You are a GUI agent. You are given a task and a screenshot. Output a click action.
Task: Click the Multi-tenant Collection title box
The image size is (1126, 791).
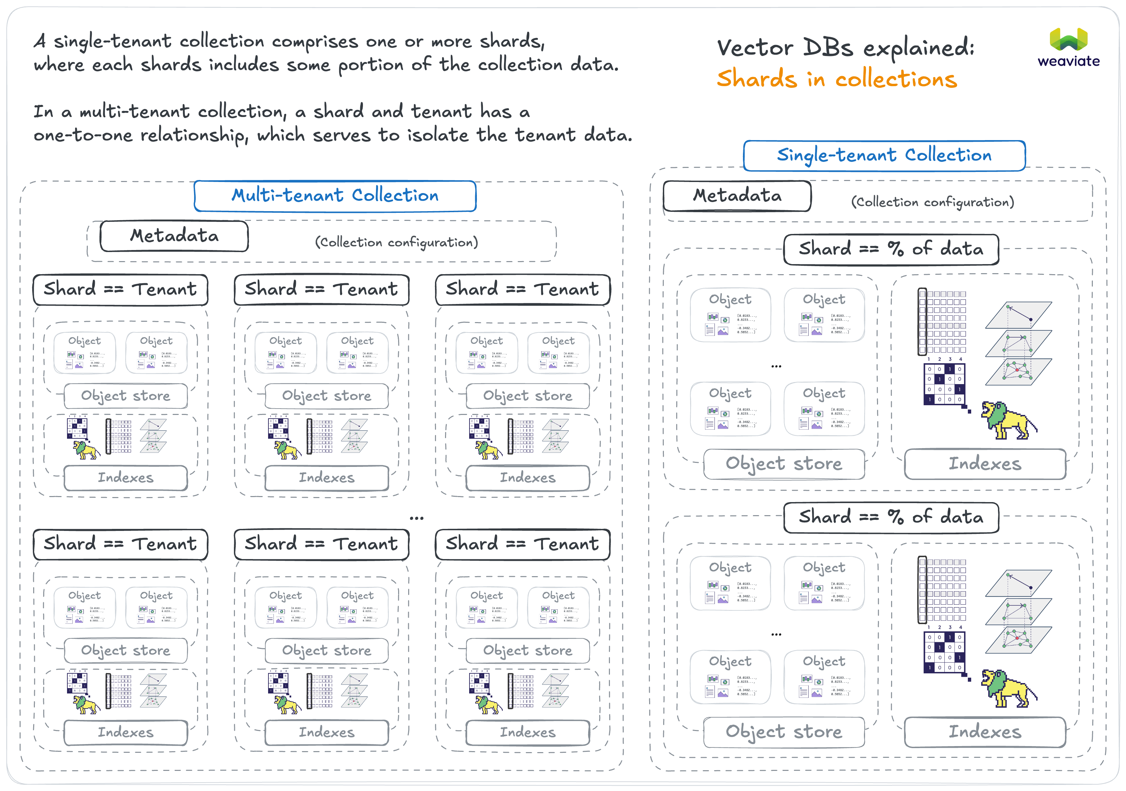(335, 196)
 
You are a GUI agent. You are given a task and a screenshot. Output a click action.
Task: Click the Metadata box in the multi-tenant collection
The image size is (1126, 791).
(174, 236)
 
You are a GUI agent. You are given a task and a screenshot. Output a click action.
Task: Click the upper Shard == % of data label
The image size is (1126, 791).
(891, 249)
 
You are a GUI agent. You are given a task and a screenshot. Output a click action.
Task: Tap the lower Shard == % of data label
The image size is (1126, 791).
(891, 518)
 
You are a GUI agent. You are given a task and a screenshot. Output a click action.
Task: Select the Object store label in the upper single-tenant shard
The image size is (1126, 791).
(784, 464)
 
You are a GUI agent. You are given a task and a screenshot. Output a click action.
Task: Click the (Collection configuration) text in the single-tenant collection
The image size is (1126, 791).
(932, 202)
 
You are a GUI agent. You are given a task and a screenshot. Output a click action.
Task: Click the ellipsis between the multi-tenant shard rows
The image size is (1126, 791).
(416, 518)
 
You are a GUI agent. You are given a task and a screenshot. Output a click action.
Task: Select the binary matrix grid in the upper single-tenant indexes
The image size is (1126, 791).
(944, 383)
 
